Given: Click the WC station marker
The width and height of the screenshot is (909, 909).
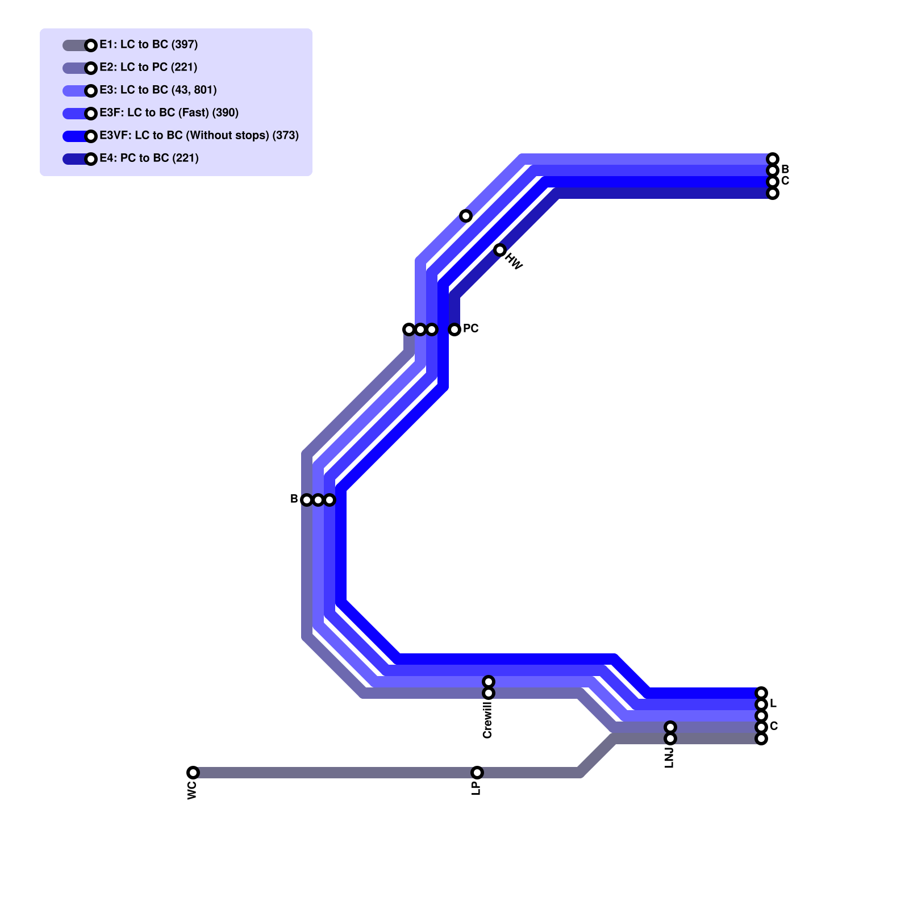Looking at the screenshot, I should coord(193,773).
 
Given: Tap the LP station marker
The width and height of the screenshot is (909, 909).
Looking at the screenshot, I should coord(477,773).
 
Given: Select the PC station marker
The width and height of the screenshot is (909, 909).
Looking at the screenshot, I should coord(454,330).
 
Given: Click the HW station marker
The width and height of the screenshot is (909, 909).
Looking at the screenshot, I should coord(500,250).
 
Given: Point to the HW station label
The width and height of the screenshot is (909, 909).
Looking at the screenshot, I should coord(514,262).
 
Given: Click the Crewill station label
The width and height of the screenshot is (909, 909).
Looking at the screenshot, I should coord(487,720).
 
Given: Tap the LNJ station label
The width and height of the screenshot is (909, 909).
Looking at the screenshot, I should coord(669,758).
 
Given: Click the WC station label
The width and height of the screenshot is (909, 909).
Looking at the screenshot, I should coord(192,790).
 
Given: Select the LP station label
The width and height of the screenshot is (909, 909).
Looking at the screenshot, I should coord(476,788).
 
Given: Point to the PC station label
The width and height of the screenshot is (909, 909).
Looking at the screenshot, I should coord(470,328).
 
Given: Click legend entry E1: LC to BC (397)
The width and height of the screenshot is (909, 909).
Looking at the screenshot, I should coord(148,44).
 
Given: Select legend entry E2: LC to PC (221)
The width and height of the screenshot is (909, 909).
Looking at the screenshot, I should coord(148,67).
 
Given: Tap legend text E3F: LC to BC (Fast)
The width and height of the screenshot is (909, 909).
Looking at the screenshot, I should coord(169,112).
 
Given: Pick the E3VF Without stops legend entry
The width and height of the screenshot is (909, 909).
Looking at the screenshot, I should coord(199,135).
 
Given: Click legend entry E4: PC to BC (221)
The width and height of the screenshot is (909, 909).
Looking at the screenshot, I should coord(149,158).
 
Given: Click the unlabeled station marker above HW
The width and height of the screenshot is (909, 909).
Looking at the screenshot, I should coord(466,216).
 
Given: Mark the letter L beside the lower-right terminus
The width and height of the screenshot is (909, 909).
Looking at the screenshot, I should coord(773,704).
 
